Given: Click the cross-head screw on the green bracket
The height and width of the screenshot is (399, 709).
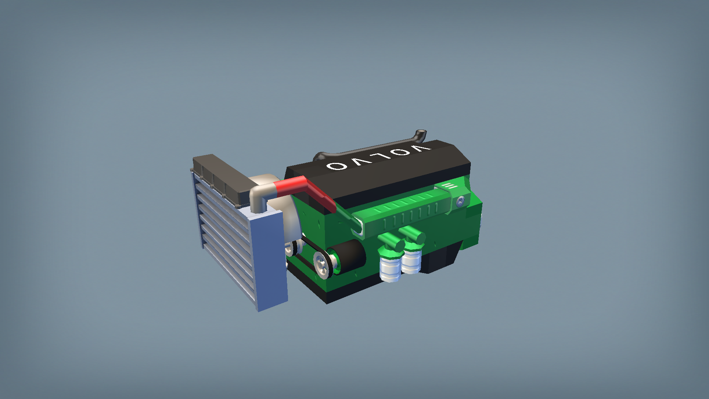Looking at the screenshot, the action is coord(460,201).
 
